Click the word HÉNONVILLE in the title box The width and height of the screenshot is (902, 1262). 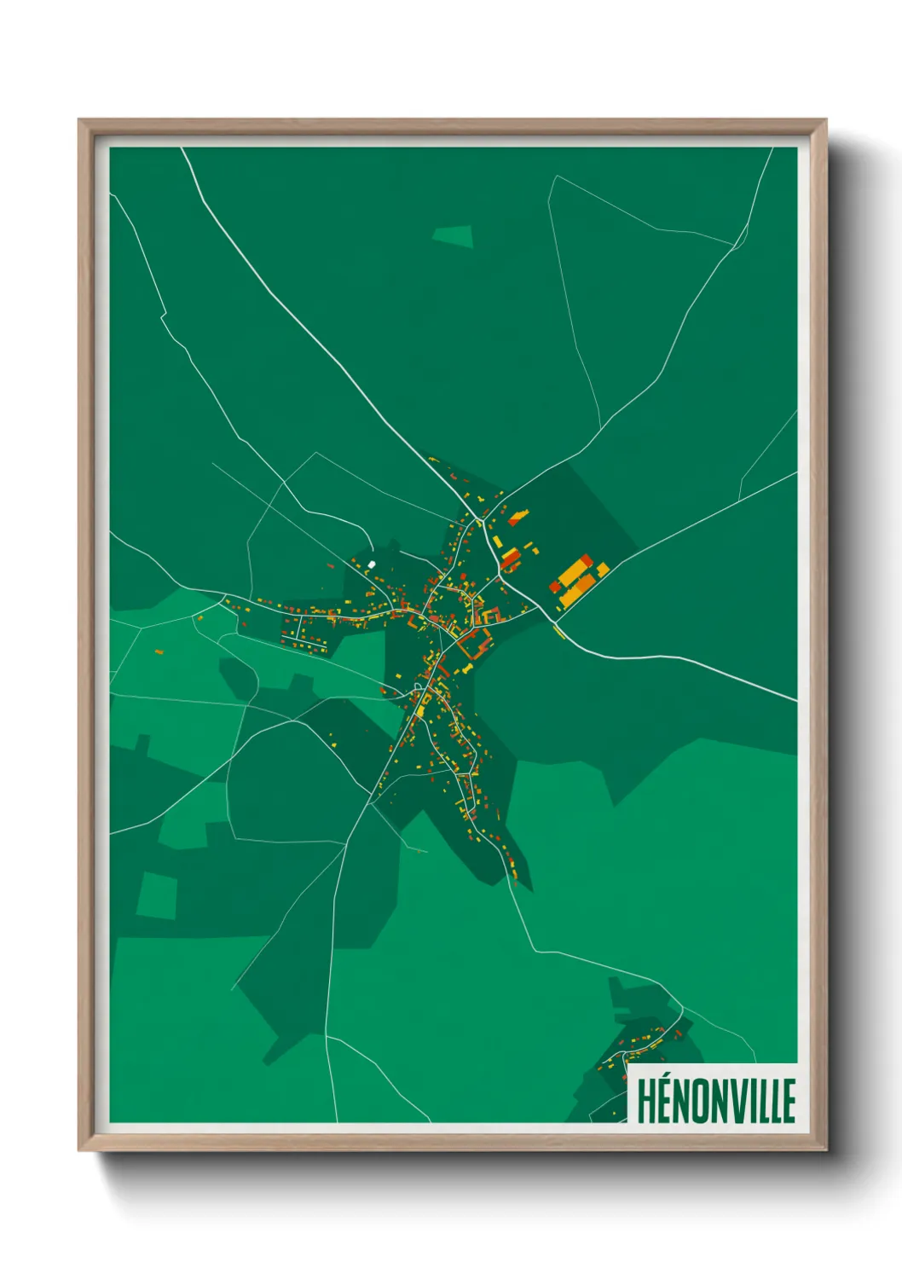pyautogui.click(x=715, y=1100)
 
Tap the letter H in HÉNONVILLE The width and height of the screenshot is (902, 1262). pyautogui.click(x=645, y=1100)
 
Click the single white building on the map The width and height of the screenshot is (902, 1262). pyautogui.click(x=371, y=564)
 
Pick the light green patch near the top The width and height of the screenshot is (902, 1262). pyautogui.click(x=453, y=236)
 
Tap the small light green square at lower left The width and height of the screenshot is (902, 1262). pyautogui.click(x=157, y=894)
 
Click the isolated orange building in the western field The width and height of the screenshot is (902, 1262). pyautogui.click(x=159, y=651)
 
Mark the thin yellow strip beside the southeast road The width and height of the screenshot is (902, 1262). pyautogui.click(x=559, y=632)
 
